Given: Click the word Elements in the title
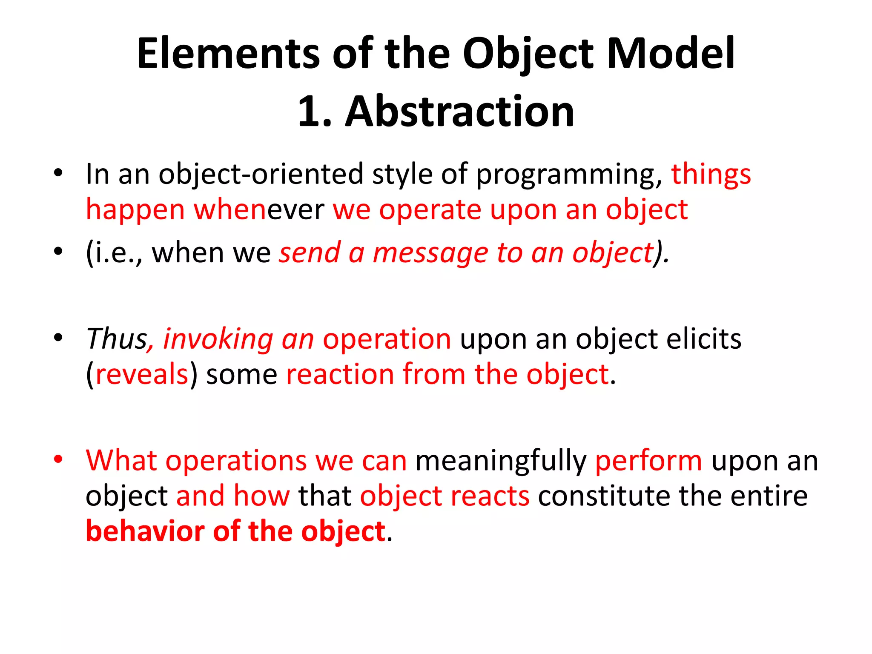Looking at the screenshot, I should click(x=228, y=54).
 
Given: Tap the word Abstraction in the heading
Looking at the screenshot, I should click(x=459, y=112).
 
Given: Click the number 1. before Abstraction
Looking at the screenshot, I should click(x=314, y=112).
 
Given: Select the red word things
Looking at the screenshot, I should click(x=711, y=175).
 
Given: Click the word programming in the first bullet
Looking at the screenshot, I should click(x=569, y=175).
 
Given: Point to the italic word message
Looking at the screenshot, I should click(x=430, y=253).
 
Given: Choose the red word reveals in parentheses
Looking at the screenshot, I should click(x=142, y=375).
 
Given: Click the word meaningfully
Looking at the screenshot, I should click(x=501, y=462).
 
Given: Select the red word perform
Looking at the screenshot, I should click(x=648, y=462).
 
